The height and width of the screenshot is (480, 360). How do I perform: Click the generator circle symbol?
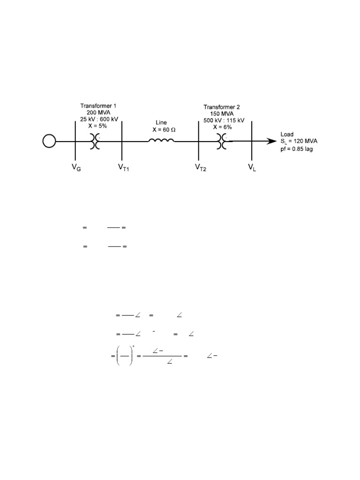49,141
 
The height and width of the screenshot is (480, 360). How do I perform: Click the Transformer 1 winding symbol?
95,141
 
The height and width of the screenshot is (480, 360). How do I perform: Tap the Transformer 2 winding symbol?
222,141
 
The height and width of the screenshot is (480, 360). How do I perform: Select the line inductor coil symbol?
162,140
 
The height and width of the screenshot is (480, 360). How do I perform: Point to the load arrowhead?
271,141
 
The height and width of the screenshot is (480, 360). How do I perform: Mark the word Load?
287,135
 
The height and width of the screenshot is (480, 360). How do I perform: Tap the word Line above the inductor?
161,123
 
